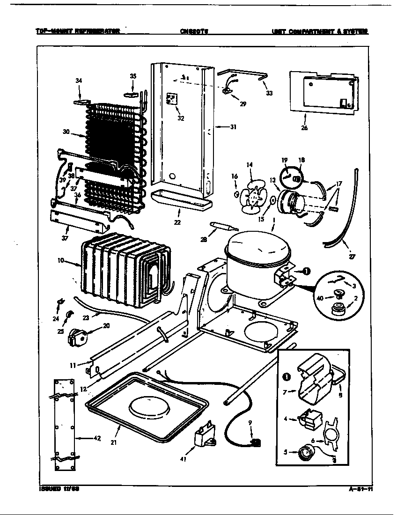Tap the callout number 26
click(x=304, y=128)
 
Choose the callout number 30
click(x=66, y=132)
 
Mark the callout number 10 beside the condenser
click(x=61, y=260)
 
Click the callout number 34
click(x=79, y=81)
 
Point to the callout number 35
click(x=133, y=76)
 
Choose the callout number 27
click(x=352, y=256)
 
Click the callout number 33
click(x=269, y=93)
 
